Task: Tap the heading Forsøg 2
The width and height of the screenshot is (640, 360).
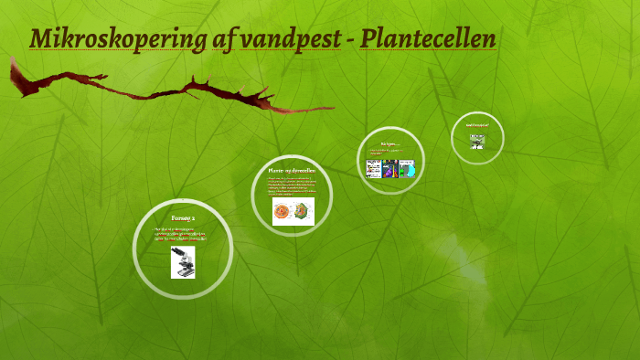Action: [183, 217]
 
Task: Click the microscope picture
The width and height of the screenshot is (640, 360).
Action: [183, 262]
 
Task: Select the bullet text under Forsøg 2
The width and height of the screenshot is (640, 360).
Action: [182, 233]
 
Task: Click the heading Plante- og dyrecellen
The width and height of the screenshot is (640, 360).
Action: [292, 171]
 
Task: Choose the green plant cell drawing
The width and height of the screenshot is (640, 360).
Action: [304, 212]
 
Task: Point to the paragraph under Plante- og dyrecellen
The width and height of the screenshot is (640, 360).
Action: [292, 186]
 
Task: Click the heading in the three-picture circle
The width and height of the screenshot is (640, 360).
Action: [390, 143]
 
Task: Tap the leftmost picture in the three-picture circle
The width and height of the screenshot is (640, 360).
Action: [373, 169]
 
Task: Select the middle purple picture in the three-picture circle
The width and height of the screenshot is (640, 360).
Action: [390, 169]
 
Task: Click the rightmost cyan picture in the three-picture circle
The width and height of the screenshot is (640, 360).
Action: [407, 169]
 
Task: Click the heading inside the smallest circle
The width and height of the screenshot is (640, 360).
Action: [477, 124]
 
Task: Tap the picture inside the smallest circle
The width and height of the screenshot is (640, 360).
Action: [476, 142]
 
